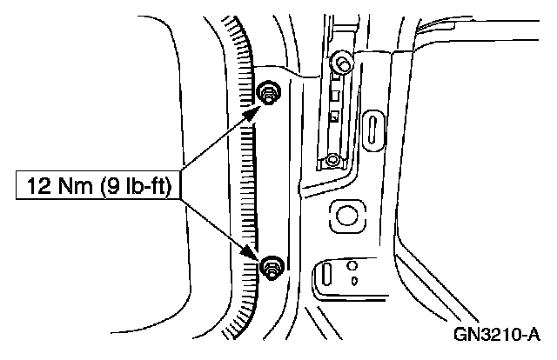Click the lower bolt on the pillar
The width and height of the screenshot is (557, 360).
(271, 267)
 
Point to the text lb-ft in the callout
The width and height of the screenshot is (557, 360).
(145, 184)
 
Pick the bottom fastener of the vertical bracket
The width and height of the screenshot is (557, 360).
(332, 159)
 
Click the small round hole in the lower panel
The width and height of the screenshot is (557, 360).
(351, 265)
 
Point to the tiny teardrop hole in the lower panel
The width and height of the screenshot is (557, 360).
(354, 279)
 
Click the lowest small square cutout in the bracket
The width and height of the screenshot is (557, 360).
(332, 117)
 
